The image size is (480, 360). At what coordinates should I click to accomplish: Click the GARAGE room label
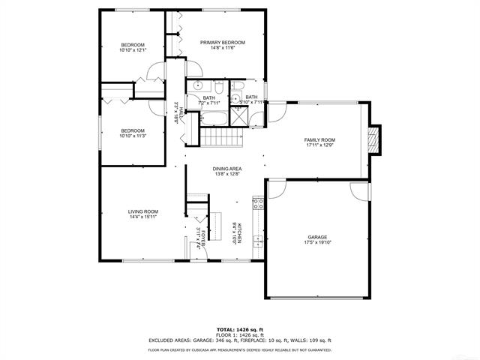click(316, 236)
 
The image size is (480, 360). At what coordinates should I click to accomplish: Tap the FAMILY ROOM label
click(319, 140)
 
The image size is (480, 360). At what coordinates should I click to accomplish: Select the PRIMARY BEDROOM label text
click(223, 42)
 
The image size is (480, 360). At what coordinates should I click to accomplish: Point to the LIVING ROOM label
click(143, 211)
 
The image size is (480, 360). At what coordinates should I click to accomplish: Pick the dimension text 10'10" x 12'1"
click(133, 50)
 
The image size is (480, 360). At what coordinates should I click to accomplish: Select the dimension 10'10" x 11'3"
click(133, 136)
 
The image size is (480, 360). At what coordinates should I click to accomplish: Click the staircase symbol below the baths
click(220, 138)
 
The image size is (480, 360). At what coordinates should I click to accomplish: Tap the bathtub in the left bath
click(206, 118)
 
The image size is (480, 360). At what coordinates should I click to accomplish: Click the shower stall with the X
click(238, 115)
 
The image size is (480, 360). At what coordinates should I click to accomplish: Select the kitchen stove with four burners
click(257, 203)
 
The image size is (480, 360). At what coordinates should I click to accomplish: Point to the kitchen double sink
click(257, 241)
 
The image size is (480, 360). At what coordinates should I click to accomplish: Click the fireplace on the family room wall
click(376, 139)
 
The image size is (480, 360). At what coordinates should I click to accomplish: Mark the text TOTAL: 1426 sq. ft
click(240, 329)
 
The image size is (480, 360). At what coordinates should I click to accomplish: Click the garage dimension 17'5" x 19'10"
click(316, 242)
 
